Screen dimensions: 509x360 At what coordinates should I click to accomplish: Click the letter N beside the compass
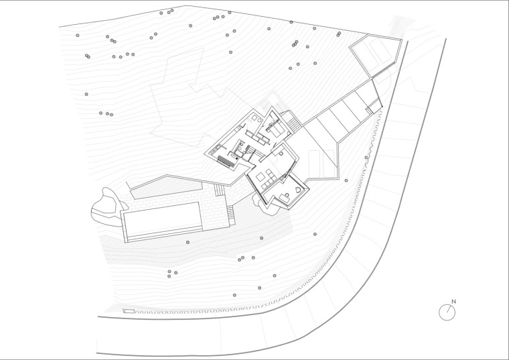pos(453,302)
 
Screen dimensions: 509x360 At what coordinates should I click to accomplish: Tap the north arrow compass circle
pos(446,312)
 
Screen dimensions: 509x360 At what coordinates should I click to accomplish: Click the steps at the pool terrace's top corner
pos(218,190)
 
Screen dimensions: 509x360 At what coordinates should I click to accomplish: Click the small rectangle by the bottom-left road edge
pos(129,310)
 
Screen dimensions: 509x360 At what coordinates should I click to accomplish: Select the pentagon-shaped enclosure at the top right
pos(378,52)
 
